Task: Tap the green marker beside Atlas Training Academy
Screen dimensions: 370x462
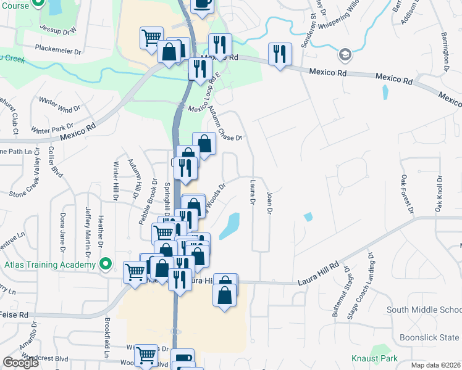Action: tap(106, 265)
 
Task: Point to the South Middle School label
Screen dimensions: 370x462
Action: tap(424, 310)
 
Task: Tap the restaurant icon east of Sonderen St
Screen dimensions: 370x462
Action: tap(280, 54)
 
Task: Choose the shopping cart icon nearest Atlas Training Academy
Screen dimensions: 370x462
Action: tap(135, 271)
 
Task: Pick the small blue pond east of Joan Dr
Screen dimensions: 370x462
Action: tap(308, 216)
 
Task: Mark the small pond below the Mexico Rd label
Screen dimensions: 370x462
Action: tap(386, 92)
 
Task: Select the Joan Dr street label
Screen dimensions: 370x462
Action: tap(269, 203)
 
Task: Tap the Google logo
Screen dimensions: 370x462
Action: tap(20, 363)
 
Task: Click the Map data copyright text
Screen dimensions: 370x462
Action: tap(437, 365)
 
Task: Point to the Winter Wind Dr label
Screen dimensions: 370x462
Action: tap(59, 104)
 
